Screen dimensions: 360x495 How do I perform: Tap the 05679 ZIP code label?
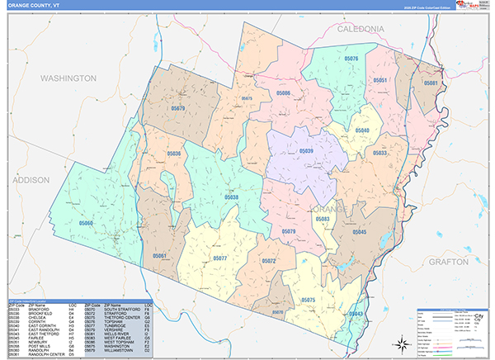pos(178,108)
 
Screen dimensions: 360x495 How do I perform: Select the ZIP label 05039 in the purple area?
pos(306,151)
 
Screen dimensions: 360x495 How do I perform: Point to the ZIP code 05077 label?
pos(220,258)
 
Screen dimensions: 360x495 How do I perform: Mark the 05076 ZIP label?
pos(351,59)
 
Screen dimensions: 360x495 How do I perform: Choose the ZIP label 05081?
pos(430,83)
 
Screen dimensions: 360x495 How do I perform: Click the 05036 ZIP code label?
pos(174,154)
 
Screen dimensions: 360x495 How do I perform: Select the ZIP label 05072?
pos(268,261)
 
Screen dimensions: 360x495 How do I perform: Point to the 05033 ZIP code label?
pos(379,153)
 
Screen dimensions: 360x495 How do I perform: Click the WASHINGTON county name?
pos(68,78)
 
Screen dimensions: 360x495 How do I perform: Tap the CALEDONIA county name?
pos(361,28)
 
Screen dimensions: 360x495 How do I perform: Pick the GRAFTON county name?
pos(449,261)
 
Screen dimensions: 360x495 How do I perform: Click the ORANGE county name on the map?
pos(332,209)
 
